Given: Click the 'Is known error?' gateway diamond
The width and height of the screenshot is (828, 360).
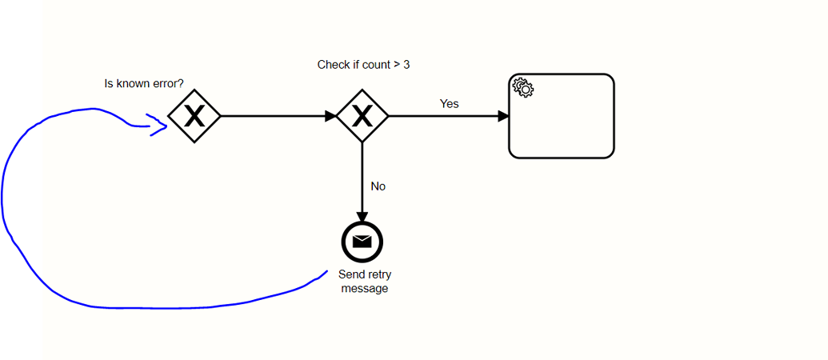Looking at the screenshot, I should coord(194,117).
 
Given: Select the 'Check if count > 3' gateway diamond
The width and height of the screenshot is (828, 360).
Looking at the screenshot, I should coord(362,117).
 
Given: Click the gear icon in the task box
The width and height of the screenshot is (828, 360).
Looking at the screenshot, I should coord(523,86).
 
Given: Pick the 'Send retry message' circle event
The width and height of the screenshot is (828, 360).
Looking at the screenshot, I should coord(362,241).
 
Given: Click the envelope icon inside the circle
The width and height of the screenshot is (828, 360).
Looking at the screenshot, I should coord(362,241).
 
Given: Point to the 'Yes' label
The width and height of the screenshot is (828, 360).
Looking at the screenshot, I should coord(450,104).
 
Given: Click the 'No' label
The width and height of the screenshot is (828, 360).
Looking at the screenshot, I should coord(378,186).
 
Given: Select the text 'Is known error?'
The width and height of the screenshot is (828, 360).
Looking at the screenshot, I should coord(145,83).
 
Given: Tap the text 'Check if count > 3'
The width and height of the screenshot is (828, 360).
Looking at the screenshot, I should coord(364,65).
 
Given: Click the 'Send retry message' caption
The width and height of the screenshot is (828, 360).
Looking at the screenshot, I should coord(365,282).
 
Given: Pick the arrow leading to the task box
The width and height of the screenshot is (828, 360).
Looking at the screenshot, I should coord(448,117).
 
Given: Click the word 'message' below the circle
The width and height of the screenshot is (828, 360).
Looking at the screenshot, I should coord(365,289).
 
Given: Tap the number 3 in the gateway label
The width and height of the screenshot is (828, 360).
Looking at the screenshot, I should coord(406,65).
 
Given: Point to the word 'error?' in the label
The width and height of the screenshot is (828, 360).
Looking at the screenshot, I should coord(168,83).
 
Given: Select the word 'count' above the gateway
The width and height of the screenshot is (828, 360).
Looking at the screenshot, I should coord(376,65).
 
